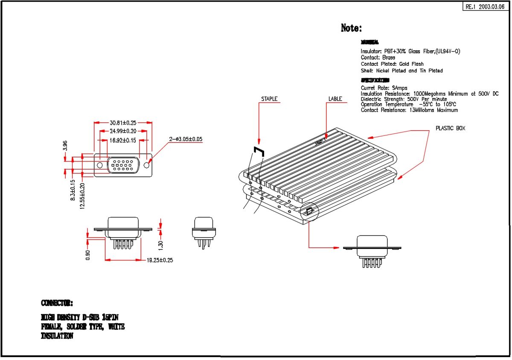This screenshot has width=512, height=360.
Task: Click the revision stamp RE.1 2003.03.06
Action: coord(486,7)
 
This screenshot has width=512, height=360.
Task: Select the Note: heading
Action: coord(351,28)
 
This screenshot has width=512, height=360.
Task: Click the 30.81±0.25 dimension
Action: coord(122,123)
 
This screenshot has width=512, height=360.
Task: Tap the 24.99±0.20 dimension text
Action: coord(123,131)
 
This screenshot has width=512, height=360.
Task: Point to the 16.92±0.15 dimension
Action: coord(123,140)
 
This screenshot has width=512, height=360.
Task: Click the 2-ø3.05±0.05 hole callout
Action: coord(186,139)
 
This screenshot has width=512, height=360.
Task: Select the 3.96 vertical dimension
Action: coord(65,146)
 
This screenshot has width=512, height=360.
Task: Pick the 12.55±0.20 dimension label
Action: coord(82,196)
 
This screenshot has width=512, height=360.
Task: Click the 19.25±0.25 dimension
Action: coord(160,260)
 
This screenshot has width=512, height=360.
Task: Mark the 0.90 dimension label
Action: coord(88,255)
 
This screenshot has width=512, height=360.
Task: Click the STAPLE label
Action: coord(269,99)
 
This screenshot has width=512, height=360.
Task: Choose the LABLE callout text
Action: coord(335,99)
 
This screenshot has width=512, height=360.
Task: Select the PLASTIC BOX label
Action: coord(450,128)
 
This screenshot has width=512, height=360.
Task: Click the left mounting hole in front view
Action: coord(100,165)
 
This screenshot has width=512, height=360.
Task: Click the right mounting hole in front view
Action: coord(147,165)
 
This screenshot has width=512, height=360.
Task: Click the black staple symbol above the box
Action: coord(259,151)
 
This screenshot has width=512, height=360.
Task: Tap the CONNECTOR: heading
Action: coord(57,303)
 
